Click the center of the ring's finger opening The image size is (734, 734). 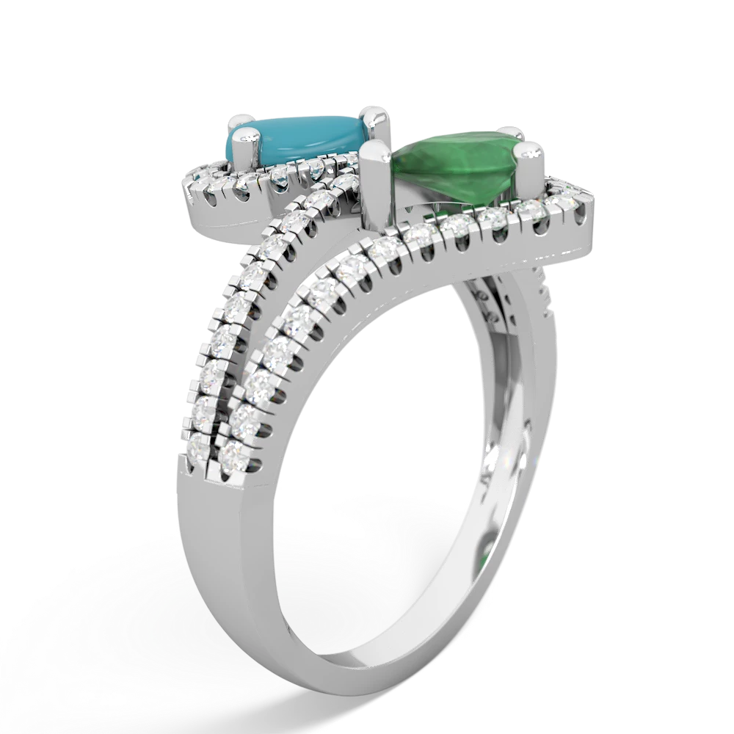pos(411,411)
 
